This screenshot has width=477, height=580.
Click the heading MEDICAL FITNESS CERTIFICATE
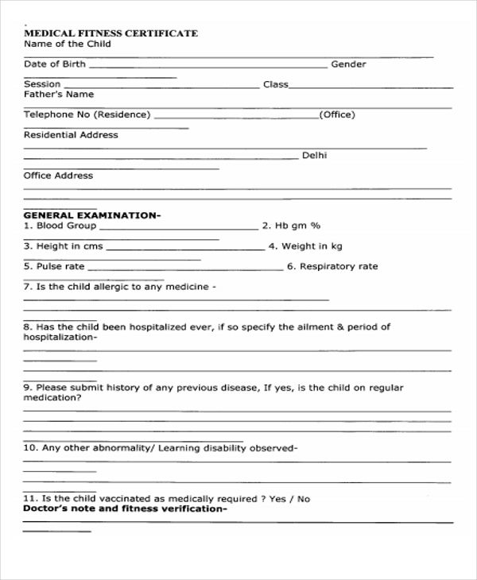(111, 33)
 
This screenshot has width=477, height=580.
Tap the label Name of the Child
(67, 44)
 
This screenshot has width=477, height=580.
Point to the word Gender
(348, 64)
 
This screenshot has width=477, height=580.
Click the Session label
(41, 84)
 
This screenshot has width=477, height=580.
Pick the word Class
(276, 84)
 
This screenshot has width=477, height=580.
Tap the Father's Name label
(59, 95)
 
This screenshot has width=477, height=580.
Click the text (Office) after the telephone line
(336, 115)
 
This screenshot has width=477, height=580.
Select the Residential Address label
(71, 135)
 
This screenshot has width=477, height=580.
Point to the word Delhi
(314, 156)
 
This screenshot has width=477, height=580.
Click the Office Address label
(58, 176)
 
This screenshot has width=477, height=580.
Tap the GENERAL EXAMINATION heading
(91, 215)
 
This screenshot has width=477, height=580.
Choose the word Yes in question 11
(277, 499)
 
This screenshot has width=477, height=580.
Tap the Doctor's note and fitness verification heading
(125, 508)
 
